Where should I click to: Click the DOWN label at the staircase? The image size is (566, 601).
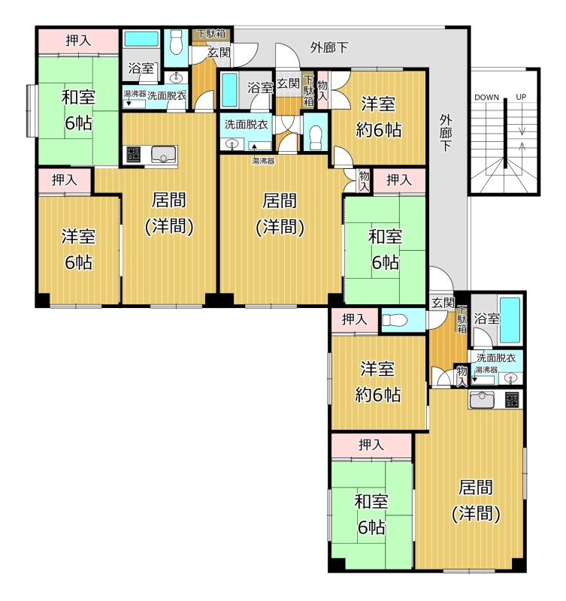[x=486, y=98]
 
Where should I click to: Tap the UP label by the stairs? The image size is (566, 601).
[x=521, y=97]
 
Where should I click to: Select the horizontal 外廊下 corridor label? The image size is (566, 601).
[x=329, y=47]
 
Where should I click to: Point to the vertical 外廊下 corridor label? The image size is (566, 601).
[x=445, y=133]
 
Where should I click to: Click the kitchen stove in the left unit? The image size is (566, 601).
[x=134, y=155]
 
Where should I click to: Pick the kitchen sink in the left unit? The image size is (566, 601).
[x=164, y=155]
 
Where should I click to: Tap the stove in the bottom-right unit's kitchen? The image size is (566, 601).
[x=512, y=400]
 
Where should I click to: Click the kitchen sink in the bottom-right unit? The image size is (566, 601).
[x=482, y=400]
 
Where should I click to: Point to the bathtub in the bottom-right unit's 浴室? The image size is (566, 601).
[x=510, y=320]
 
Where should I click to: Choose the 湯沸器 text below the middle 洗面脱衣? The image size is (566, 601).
[x=263, y=162]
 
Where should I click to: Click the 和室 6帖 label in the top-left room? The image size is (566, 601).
[x=78, y=110]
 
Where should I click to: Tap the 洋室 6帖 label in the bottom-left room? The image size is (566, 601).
[x=78, y=249]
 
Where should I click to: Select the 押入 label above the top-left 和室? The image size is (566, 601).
[x=78, y=41]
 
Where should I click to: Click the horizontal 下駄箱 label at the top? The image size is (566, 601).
[x=211, y=33]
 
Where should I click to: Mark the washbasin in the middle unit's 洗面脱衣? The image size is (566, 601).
[x=232, y=144]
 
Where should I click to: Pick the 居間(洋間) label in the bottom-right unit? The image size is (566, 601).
[x=476, y=500]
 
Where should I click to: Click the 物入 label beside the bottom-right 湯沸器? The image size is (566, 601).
[x=462, y=376]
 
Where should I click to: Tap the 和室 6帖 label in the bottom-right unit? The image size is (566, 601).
[x=371, y=515]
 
